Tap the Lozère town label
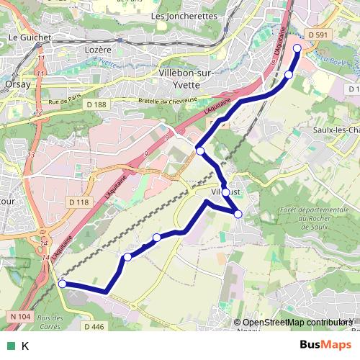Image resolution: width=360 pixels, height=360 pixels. [x=99, y=50]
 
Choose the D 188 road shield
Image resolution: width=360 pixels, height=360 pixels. [x=96, y=105]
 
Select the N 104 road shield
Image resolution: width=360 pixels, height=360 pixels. [x=21, y=316]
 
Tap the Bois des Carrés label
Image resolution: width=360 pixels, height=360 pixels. [x=49, y=323]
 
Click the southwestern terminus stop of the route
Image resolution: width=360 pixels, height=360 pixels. [x=62, y=284]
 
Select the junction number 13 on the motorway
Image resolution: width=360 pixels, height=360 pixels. [x=31, y=155]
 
